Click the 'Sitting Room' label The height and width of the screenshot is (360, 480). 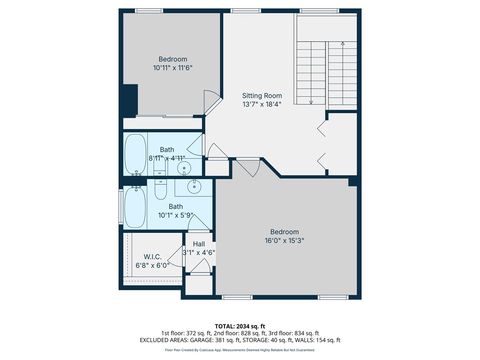(x=262, y=94)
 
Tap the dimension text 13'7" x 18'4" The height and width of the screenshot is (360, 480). (x=262, y=103)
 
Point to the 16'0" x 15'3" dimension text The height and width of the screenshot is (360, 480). (x=285, y=240)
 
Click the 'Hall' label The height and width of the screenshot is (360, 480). (x=199, y=243)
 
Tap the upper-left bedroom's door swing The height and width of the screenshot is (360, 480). (x=212, y=100)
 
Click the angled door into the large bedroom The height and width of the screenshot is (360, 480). (x=249, y=166)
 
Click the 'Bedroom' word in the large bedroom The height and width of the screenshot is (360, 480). (x=285, y=231)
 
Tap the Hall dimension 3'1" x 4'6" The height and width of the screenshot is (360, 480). (x=199, y=251)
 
